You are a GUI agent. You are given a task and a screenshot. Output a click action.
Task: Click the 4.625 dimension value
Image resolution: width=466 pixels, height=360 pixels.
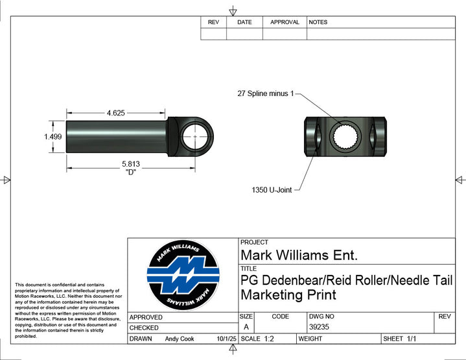[116, 113]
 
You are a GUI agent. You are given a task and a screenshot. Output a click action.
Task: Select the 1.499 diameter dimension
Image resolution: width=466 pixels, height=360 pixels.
[53, 137]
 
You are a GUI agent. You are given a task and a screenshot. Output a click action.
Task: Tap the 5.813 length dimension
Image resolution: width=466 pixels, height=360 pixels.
[131, 164]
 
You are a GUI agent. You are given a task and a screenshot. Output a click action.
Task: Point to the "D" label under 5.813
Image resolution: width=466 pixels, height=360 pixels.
[131, 173]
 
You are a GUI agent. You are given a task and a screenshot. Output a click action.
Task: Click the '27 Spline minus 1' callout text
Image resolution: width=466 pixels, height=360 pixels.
[265, 93]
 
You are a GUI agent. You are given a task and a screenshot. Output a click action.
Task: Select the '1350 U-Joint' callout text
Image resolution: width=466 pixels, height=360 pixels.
[272, 190]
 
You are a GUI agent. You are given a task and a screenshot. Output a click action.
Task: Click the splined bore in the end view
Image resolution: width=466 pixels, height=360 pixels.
[345, 137]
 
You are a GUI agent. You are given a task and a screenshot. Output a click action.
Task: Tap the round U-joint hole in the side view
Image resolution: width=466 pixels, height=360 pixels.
[195, 137]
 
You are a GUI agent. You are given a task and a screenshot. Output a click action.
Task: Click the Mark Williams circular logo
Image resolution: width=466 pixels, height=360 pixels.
[183, 275]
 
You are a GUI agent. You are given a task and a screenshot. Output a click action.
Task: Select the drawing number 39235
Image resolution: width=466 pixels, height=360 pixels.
[319, 327]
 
